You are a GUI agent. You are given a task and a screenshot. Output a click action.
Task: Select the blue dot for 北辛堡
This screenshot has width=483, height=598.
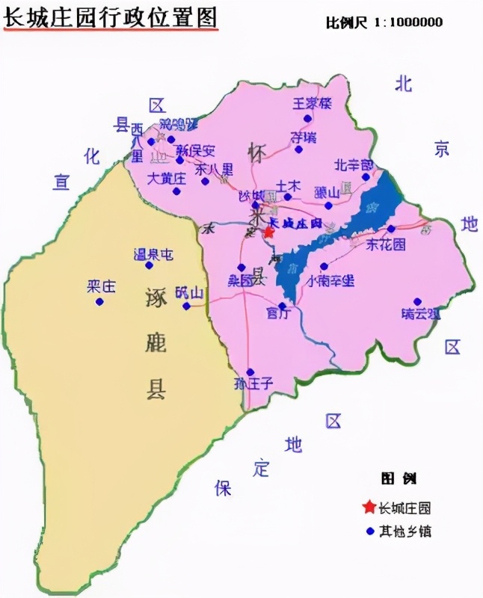(366, 177)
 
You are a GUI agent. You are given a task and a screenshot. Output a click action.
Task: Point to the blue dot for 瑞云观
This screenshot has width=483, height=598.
(417, 301)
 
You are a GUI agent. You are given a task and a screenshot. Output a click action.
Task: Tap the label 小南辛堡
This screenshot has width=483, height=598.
(330, 281)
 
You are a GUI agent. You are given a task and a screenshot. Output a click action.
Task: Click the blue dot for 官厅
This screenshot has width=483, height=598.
(282, 305)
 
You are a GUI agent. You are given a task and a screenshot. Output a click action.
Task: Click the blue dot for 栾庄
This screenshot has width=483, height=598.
(99, 301)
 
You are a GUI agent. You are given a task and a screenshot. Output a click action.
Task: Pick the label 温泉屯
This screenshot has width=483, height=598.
(153, 255)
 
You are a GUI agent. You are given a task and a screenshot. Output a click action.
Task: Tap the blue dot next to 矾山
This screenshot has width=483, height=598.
(186, 306)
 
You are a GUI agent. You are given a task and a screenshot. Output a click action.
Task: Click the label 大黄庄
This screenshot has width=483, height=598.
(166, 179)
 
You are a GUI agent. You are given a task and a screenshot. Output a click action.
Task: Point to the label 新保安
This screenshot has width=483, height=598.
(195, 150)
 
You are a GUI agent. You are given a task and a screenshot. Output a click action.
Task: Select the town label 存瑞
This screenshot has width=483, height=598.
(303, 137)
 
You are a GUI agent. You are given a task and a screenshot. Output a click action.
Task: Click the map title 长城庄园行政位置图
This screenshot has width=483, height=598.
(111, 19)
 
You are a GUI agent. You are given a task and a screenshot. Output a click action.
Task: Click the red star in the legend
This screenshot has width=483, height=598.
(369, 508)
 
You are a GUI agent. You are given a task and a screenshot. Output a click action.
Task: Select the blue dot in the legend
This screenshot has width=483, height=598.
(369, 532)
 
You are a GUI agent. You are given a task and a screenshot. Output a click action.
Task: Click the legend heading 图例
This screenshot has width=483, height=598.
(399, 478)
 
